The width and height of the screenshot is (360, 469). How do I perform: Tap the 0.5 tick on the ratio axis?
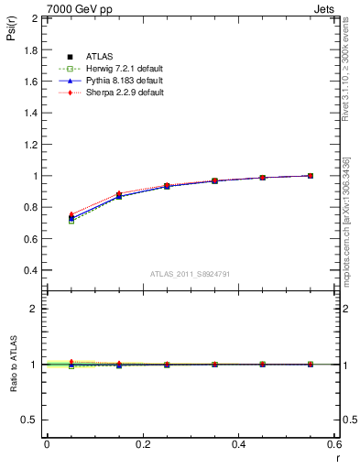(31, 420)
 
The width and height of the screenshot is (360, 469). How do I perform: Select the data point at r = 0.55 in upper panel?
(311, 176)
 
